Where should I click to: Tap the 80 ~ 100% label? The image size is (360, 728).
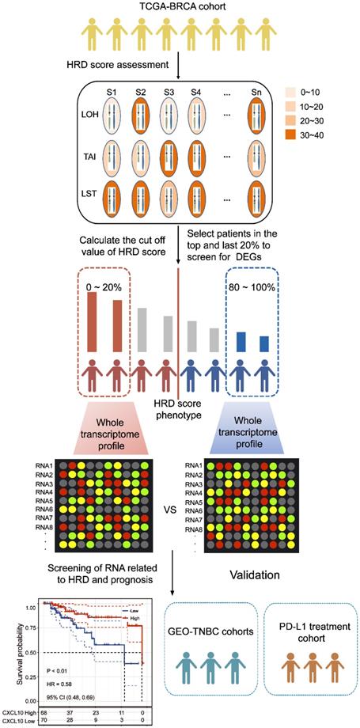[x=257, y=279]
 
